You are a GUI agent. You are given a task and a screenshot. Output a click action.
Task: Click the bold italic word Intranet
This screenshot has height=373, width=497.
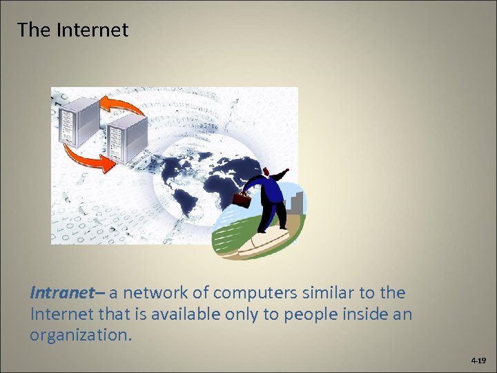coord(61,293)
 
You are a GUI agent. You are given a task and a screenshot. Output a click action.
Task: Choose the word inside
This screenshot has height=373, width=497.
coord(373,315)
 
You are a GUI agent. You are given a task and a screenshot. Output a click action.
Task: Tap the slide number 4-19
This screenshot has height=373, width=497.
coord(478,361)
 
